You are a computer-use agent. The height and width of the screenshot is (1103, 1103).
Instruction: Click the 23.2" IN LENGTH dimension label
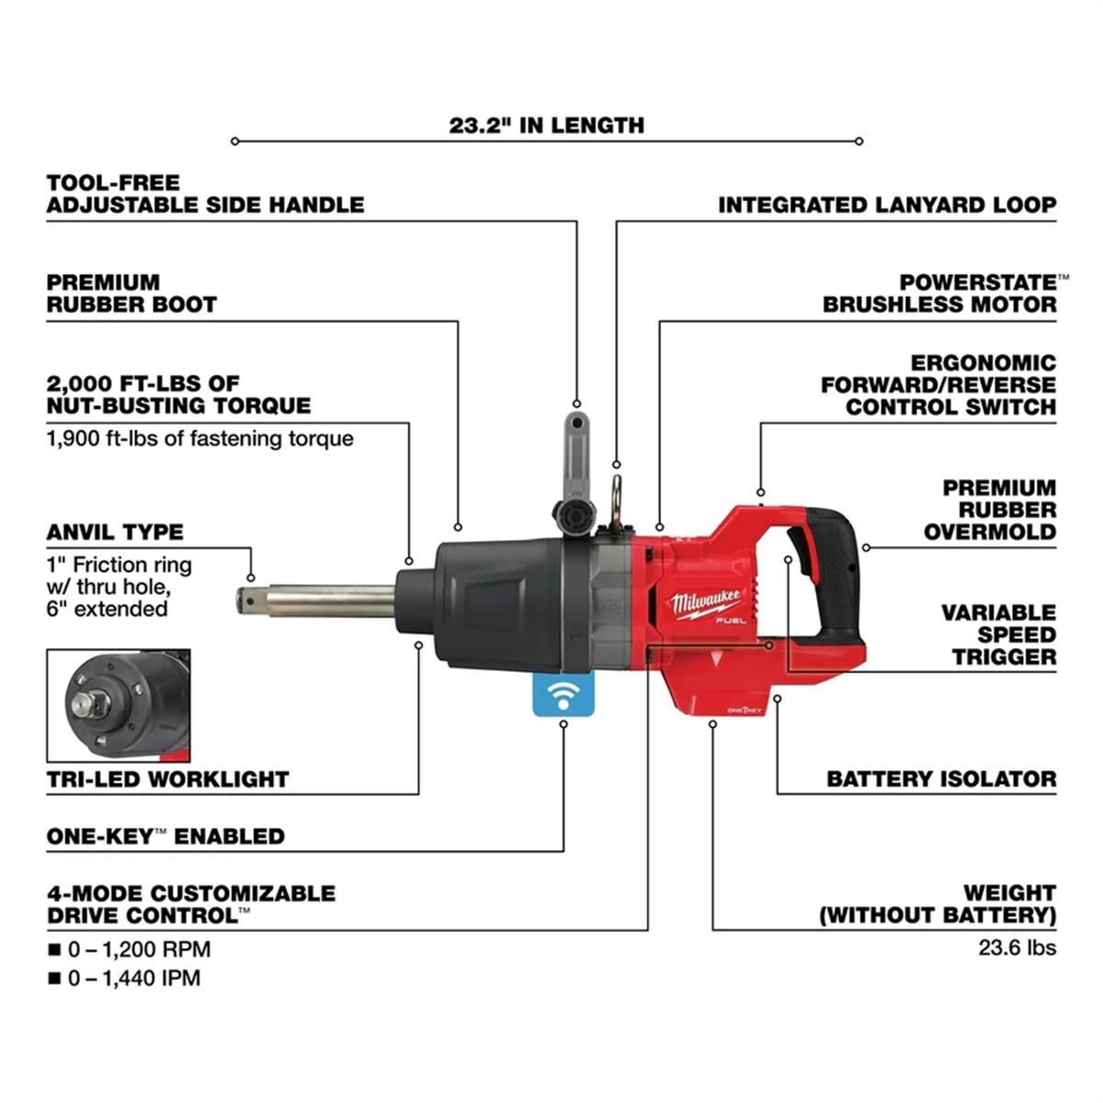pos(546,125)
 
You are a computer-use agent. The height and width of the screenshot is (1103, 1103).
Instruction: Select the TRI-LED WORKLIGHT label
pos(168,779)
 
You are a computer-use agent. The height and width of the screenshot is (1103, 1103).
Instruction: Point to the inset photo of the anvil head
pos(118,705)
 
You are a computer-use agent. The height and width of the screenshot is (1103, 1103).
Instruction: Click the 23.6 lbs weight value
pos(1017,947)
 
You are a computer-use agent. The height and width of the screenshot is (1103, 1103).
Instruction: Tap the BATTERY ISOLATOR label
pos(940,779)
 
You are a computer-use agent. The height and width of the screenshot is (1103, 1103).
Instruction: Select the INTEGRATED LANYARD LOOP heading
pos(887,205)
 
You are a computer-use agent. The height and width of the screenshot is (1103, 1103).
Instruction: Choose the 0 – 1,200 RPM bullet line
pos(138,949)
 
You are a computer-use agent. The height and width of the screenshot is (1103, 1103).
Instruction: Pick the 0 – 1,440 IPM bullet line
pos(132,978)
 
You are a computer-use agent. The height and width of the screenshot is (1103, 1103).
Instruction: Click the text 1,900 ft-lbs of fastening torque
pos(199,438)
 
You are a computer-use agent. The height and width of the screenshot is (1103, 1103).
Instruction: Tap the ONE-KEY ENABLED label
pos(165,836)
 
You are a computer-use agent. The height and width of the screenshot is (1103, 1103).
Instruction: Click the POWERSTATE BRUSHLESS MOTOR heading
pos(939,293)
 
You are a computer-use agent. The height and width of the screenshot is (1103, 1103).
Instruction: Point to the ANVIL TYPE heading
pos(115,532)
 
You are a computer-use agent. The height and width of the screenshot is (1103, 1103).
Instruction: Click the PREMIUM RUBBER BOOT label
pos(131,293)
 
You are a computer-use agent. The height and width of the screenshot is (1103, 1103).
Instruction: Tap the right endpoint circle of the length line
pos(859,142)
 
